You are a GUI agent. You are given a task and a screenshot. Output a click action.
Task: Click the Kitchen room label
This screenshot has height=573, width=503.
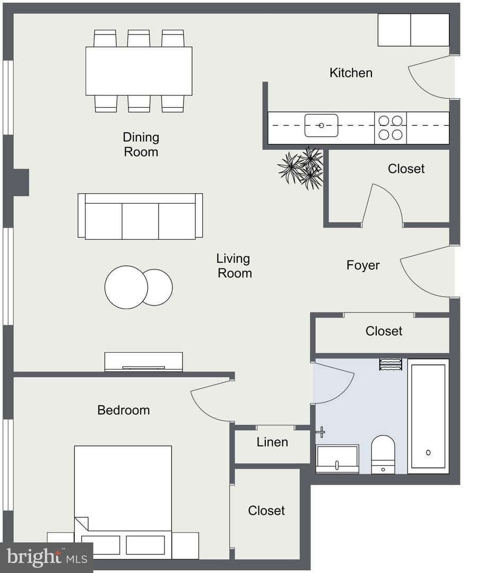[351, 73]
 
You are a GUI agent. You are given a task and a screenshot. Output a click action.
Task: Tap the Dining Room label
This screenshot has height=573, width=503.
[141, 144]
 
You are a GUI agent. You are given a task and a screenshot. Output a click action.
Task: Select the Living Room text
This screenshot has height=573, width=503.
[234, 266]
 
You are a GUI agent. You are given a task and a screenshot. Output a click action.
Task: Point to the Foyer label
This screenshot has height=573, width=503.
[363, 265]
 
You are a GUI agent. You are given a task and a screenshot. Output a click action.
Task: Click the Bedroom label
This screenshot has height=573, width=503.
[124, 410]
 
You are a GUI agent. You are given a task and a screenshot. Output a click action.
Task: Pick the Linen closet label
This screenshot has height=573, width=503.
[272, 442]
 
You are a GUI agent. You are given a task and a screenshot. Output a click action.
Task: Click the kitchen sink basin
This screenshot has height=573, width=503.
[322, 125]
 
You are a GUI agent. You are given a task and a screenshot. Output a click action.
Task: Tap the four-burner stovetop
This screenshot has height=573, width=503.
[391, 128]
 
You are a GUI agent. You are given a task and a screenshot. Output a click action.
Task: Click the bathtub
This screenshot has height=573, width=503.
[428, 416]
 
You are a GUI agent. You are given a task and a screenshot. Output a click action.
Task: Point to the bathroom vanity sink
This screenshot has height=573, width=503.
[337, 459]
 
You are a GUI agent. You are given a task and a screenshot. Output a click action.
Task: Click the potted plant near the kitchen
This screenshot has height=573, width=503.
[301, 169]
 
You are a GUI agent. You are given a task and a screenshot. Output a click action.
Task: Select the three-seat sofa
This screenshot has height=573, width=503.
[141, 216]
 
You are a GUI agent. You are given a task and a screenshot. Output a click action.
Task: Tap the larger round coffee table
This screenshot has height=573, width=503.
[126, 287]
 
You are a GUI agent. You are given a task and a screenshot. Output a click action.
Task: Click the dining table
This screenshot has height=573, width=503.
[139, 71]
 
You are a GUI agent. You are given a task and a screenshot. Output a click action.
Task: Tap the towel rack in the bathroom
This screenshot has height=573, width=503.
[391, 364]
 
